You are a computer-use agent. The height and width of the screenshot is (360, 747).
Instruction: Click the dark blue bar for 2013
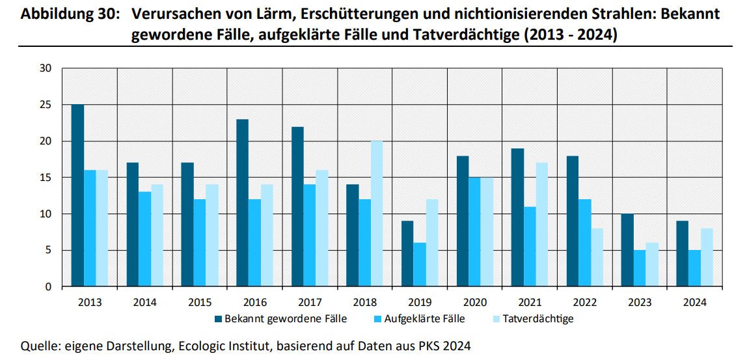pyautogui.click(x=77, y=195)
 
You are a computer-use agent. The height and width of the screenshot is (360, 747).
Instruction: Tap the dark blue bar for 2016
pyautogui.click(x=242, y=203)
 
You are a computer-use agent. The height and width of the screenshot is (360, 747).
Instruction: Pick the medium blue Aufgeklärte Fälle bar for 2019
pyautogui.click(x=420, y=265)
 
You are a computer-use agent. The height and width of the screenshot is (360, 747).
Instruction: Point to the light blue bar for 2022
pyautogui.click(x=597, y=257)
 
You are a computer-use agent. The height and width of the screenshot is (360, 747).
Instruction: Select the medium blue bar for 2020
pyautogui.click(x=475, y=232)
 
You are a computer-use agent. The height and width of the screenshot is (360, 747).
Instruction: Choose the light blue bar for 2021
pyautogui.click(x=541, y=225)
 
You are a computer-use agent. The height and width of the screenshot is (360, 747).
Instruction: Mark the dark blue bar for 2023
pyautogui.click(x=627, y=250)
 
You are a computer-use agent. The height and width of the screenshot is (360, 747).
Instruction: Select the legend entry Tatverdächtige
pyautogui.click(x=538, y=319)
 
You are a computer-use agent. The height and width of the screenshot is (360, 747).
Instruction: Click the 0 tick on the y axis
pyautogui.click(x=49, y=287)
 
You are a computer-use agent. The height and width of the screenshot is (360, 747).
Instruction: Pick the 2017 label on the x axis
pyautogui.click(x=310, y=303)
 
